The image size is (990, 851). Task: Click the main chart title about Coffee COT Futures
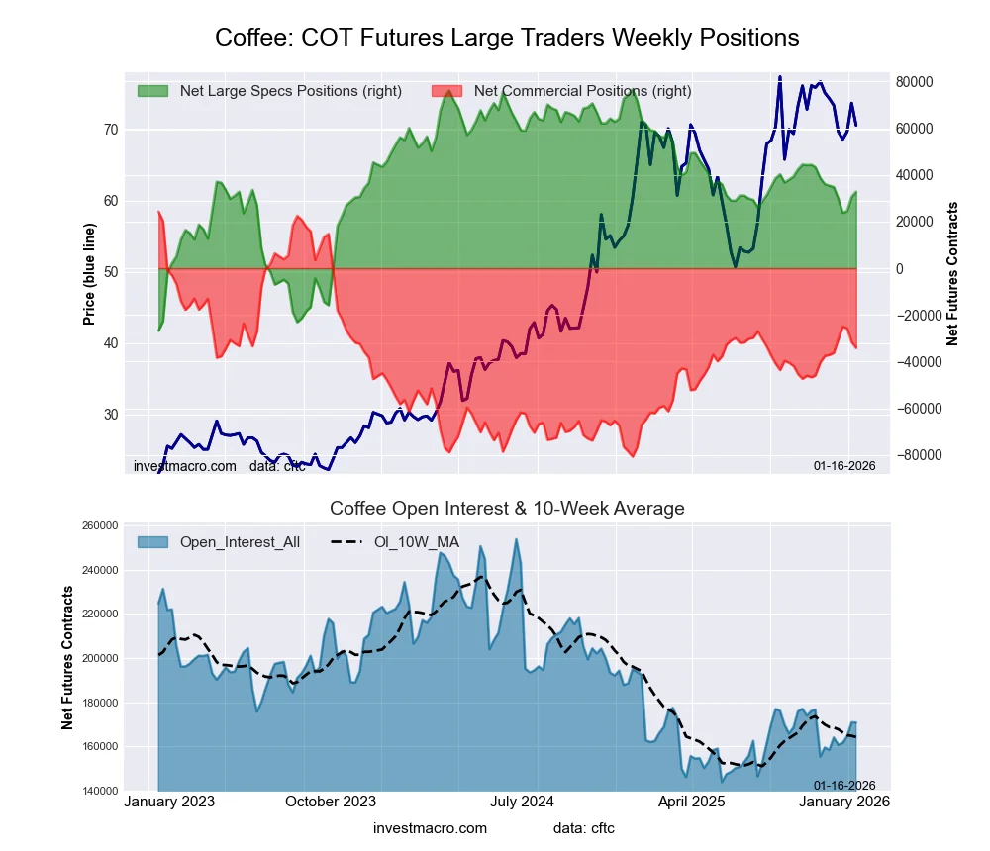(x=507, y=38)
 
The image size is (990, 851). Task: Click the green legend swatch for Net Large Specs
(x=153, y=91)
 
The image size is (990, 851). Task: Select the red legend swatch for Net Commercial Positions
(x=447, y=91)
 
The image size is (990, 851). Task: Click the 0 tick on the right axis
(x=899, y=269)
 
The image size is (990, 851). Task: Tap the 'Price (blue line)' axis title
(x=89, y=274)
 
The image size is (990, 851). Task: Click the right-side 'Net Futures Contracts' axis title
(x=952, y=274)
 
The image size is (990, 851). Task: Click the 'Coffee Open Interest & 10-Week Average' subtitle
(x=507, y=509)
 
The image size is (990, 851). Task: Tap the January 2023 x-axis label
(x=170, y=802)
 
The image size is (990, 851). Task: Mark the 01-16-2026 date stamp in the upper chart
(x=844, y=465)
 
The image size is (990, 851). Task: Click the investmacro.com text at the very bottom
(x=430, y=827)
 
